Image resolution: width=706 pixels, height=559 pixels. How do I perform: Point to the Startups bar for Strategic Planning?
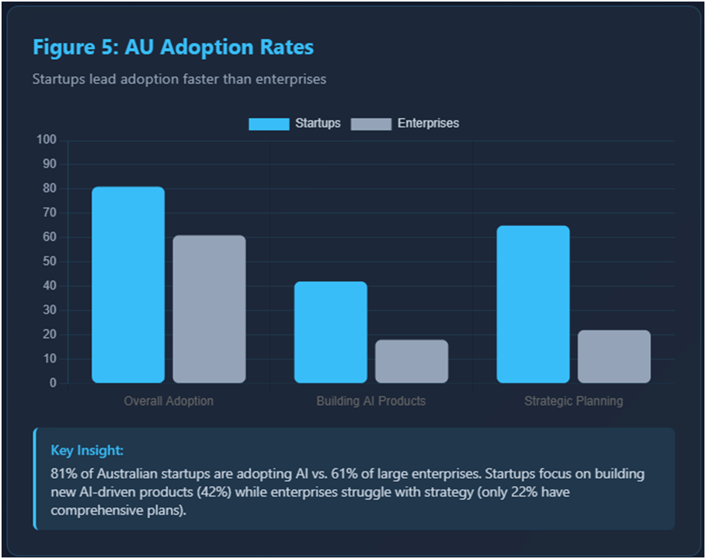533,304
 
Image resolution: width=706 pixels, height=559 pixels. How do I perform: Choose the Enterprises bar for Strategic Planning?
614,356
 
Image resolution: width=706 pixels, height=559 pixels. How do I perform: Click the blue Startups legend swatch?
269,123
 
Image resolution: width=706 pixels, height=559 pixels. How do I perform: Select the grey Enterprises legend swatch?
370,123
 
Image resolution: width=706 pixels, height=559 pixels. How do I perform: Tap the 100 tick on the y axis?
47,140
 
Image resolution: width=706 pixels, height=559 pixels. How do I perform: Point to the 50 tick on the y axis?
50,262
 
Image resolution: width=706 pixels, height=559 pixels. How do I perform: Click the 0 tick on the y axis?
53,383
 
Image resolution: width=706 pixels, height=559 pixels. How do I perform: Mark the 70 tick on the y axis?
50,213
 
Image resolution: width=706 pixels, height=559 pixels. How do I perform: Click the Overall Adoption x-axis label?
169,401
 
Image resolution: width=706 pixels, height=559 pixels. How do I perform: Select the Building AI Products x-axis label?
371,401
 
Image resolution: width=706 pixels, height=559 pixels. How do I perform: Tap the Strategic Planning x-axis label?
573,401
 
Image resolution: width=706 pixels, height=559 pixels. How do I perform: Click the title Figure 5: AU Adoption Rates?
173,47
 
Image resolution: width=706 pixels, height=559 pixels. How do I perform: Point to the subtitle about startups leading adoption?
179,79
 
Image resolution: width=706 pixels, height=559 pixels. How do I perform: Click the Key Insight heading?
87,450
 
